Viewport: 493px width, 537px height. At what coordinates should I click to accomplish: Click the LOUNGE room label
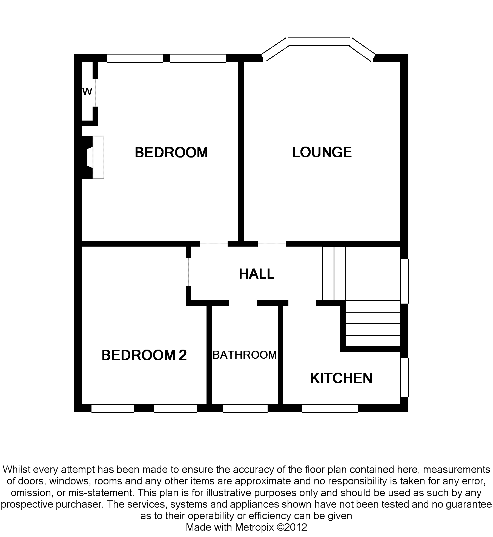tap(322, 152)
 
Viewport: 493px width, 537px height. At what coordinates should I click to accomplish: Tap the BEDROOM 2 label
tap(144, 355)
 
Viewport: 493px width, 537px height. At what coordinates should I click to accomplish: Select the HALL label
tap(256, 274)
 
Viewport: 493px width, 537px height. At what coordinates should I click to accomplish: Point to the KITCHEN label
tap(341, 378)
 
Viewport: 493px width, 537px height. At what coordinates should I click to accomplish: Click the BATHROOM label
tap(245, 355)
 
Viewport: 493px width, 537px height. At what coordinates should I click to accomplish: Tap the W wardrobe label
tap(87, 92)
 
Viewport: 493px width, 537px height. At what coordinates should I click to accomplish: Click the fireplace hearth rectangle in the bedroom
tap(98, 157)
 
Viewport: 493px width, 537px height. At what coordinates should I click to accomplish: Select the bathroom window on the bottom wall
tap(245, 408)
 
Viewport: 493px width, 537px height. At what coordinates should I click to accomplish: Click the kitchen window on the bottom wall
tap(330, 408)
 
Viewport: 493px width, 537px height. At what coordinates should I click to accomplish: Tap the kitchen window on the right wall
tap(405, 377)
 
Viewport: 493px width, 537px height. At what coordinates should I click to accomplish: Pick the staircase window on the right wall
tap(405, 281)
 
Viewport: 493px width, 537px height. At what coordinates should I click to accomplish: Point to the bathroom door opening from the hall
tap(243, 303)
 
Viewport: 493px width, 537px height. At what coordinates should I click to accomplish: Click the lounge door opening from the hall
tap(272, 244)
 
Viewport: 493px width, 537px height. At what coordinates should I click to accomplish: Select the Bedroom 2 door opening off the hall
tap(188, 272)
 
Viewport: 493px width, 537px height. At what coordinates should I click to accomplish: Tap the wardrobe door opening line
tap(95, 92)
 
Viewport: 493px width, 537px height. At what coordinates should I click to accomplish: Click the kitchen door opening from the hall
tap(302, 303)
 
